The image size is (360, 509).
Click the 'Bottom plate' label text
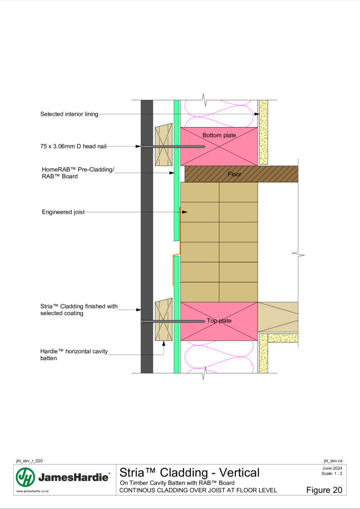219,135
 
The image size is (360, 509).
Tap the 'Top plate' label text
219,321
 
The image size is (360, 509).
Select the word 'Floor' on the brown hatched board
235,174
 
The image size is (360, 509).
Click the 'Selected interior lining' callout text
69,114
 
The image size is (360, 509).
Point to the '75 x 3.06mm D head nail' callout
73,146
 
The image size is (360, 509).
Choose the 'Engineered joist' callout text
63,212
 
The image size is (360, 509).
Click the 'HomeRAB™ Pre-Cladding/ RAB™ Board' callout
78,173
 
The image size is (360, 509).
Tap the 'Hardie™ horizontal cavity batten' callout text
74,354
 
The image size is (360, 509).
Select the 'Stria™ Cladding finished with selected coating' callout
79,310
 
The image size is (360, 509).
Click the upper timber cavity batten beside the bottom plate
163,144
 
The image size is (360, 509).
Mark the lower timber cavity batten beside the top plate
163,319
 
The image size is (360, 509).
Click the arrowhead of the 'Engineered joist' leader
185,212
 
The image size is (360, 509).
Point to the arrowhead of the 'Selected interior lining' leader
257,114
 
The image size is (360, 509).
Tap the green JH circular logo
25,477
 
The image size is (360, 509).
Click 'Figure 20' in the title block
324,490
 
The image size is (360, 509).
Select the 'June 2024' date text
332,468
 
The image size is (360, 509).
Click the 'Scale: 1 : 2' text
332,473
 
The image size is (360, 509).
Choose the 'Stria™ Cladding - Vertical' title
190,473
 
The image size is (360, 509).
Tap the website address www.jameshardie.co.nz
32,491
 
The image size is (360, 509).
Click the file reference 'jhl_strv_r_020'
29,461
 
